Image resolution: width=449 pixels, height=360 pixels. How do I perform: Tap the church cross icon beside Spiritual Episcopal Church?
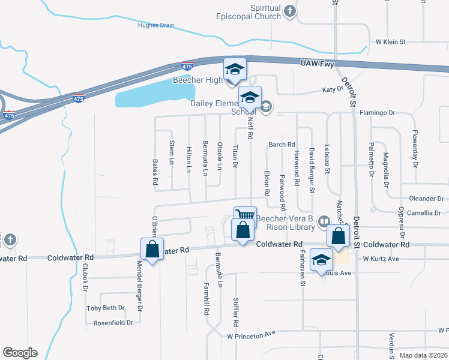coord(290,11)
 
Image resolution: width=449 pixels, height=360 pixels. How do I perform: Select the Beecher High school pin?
coord(235,69)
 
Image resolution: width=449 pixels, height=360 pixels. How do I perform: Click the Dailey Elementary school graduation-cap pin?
coord(250,97)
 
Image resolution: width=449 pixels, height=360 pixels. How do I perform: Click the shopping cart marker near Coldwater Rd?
coord(245,215)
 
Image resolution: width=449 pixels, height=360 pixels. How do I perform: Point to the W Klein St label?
coord(391,42)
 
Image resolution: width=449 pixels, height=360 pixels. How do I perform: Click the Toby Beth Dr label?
coord(106,308)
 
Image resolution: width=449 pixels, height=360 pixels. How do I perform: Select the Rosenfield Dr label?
coord(113,323)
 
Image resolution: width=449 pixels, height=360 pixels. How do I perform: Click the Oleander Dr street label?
coord(426,198)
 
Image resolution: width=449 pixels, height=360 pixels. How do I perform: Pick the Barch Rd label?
coord(282,145)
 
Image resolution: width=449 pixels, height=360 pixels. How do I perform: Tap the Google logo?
coord(20,353)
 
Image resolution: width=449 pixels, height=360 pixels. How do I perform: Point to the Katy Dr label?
coord(332,89)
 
